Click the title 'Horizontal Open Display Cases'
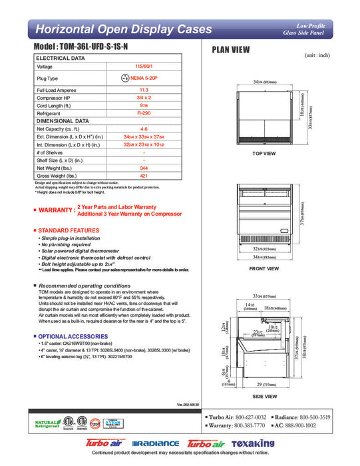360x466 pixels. [x=123, y=29]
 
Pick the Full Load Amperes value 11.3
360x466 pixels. [x=142, y=89]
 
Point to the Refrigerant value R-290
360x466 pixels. [x=142, y=114]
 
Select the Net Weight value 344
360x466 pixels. [x=142, y=168]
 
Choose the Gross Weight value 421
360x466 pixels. [x=142, y=176]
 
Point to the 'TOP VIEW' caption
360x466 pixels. [x=264, y=154]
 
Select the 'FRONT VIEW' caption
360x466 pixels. [x=264, y=269]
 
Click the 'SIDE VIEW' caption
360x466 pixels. [x=264, y=395]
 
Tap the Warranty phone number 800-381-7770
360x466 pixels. [x=247, y=425]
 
